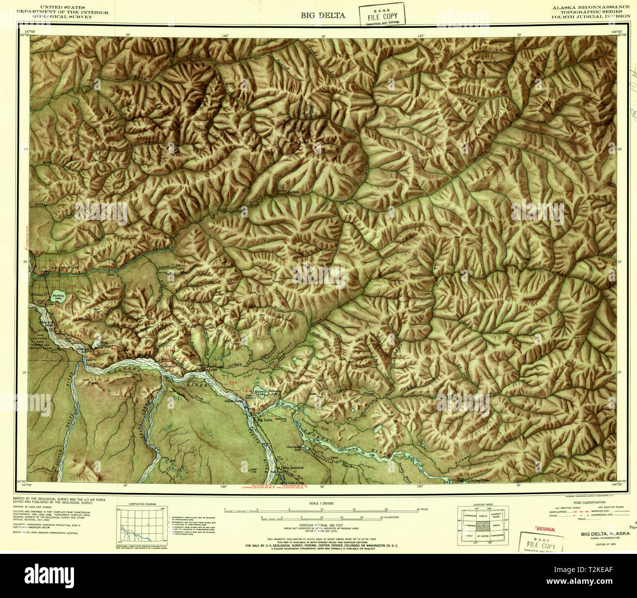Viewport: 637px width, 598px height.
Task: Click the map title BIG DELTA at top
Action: [x=323, y=15]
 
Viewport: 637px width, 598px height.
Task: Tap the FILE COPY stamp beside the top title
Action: [x=382, y=14]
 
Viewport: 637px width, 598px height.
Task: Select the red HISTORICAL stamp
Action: [x=545, y=529]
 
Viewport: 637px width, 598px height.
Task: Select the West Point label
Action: [x=490, y=62]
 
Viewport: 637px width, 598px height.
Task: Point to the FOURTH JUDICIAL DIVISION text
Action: [x=590, y=16]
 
